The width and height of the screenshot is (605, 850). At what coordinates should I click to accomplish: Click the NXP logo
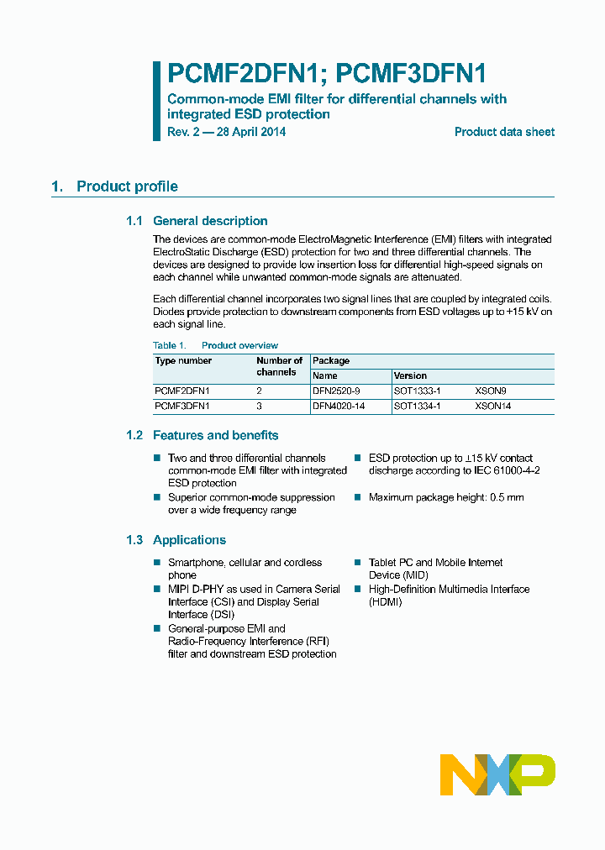point(497,774)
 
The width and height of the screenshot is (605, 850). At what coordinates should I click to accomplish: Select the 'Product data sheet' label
point(504,132)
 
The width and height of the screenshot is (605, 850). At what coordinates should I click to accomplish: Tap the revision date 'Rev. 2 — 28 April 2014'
point(226,132)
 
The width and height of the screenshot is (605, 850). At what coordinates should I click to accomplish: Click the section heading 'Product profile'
point(127,186)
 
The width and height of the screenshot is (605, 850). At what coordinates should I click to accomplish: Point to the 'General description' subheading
point(210,221)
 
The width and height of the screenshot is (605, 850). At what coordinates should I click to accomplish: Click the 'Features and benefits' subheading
point(215,435)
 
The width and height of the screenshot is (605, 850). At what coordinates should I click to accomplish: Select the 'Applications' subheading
point(189,540)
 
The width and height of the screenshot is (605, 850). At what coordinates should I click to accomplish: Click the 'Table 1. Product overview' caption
point(215,345)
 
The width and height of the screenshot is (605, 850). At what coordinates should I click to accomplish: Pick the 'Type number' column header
point(183,361)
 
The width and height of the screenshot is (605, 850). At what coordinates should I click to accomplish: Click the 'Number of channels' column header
point(279,366)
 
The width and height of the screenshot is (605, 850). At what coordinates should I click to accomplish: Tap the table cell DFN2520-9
point(336,391)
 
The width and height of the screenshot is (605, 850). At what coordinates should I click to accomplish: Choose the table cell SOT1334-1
point(417,407)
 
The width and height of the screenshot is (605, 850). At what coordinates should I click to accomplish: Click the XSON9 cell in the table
point(491,391)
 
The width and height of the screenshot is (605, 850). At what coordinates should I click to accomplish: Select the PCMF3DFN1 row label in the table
point(182,407)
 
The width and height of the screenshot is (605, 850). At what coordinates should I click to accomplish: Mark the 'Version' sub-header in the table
point(410,375)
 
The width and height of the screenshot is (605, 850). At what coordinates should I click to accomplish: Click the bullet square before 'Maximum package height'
point(357,497)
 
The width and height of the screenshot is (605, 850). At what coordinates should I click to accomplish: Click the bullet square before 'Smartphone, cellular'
point(157,563)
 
